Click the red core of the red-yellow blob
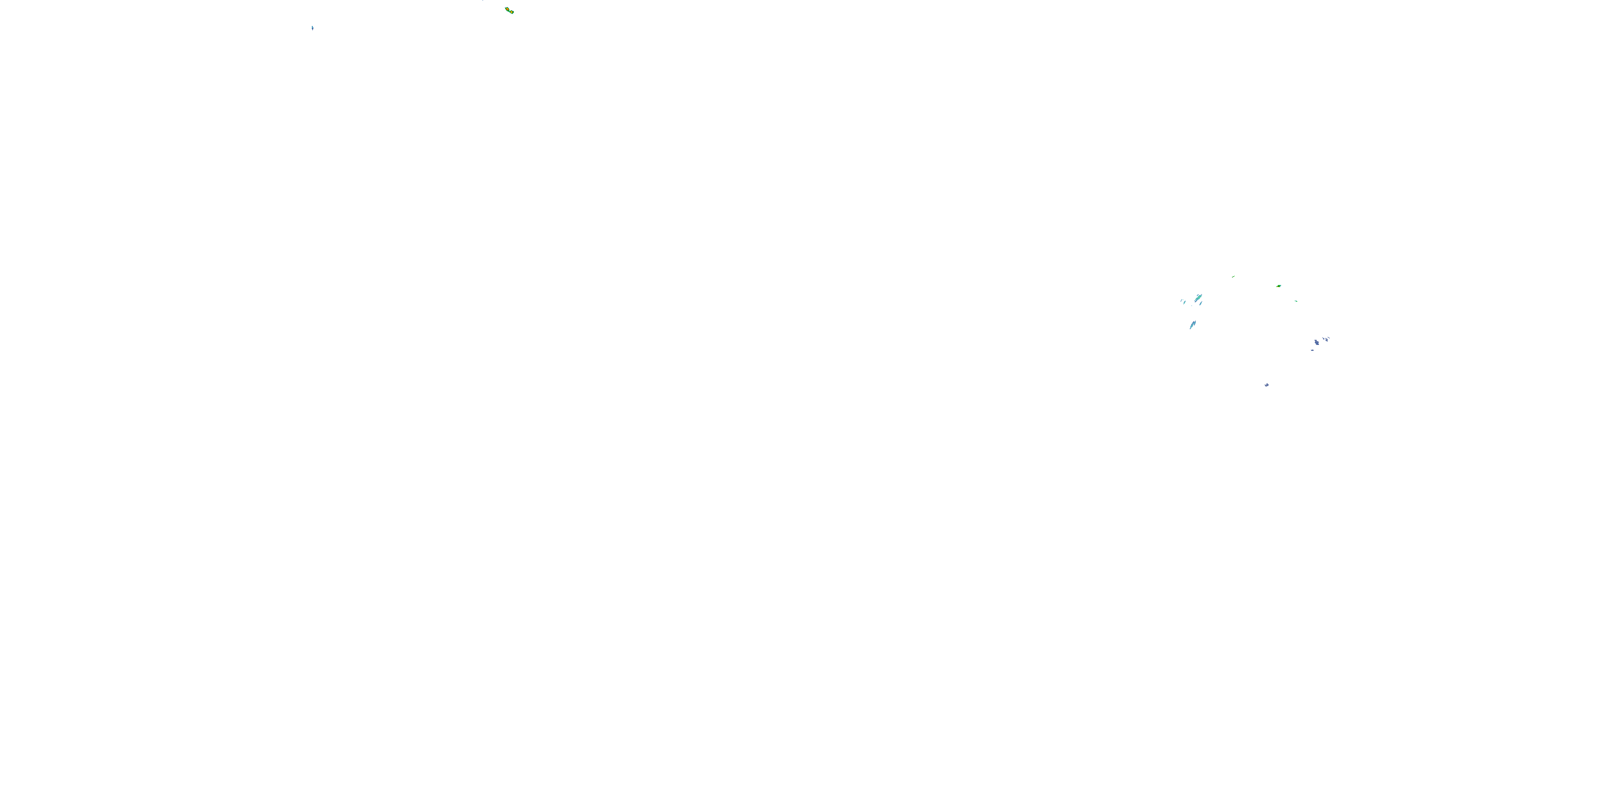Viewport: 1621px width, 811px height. coord(508,9)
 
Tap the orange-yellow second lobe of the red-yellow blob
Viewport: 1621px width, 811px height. coord(512,12)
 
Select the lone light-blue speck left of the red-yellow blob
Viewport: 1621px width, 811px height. coord(312,28)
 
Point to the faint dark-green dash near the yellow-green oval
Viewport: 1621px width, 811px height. coord(1234,276)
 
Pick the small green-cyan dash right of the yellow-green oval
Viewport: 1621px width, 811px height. coord(1296,301)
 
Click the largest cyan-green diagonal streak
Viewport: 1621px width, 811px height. coord(1198,298)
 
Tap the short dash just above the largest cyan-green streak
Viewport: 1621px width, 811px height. coord(1197,295)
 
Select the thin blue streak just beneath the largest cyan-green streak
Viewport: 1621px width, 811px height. coord(1201,303)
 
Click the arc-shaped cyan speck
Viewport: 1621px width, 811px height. coord(1182,301)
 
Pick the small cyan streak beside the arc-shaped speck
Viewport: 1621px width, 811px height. coord(1184,302)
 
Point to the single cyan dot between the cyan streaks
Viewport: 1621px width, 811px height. coord(1192,306)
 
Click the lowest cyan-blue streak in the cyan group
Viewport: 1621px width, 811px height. coord(1193,325)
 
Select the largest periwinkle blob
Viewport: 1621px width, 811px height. coord(1317,343)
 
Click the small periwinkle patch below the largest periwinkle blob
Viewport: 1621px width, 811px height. coord(1312,351)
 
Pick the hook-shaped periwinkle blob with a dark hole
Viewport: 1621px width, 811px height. coord(1327,340)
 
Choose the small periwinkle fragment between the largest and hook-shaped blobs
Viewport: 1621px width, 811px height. coord(1323,339)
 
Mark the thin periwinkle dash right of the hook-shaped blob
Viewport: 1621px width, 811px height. coord(1329,338)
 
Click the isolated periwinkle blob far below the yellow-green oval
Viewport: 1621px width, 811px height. coord(1267,385)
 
